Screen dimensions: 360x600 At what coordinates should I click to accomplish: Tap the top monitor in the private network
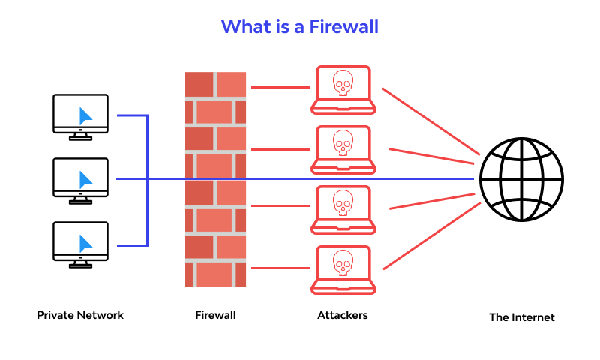(x=81, y=115)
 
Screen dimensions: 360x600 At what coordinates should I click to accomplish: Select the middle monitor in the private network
(x=81, y=179)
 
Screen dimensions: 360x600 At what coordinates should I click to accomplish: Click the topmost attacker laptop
(x=343, y=89)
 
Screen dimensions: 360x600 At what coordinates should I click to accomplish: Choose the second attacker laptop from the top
(x=343, y=149)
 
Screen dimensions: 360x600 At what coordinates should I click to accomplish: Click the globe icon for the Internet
(x=522, y=179)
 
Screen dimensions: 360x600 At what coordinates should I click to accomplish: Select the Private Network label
(x=80, y=315)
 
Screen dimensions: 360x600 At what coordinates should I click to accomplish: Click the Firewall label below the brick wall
(x=215, y=315)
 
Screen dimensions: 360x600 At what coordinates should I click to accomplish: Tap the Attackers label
(x=343, y=315)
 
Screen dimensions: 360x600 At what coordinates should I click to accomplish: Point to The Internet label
(x=522, y=317)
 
